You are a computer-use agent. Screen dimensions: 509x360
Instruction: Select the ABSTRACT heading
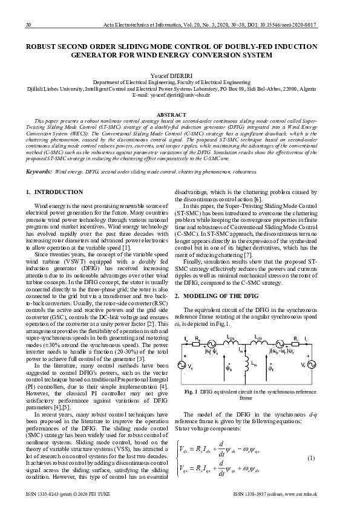180,114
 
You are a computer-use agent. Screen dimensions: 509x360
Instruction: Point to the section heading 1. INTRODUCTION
54,192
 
